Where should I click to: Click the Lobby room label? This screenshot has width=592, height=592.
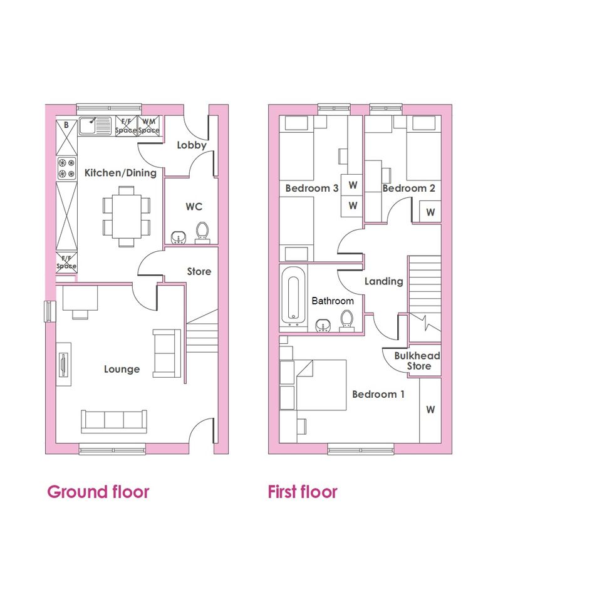pos(192,145)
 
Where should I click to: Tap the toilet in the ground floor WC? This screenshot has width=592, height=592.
pos(202,232)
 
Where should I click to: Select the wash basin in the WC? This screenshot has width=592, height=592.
pos(178,237)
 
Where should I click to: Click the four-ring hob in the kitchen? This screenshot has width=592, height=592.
pos(66,169)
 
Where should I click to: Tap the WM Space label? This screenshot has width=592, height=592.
pos(148,126)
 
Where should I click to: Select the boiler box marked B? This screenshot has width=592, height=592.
pos(66,137)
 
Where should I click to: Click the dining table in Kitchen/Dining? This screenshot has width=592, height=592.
pos(126,216)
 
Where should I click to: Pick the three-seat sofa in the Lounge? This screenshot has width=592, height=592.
pos(113,421)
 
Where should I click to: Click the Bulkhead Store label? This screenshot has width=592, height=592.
pos(418,361)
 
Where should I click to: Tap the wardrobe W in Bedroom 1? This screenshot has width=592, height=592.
pos(430,410)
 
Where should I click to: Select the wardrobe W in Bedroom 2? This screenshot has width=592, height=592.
pos(430,212)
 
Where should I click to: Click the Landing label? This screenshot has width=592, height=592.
pos(383,281)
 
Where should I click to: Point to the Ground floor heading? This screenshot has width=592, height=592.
pos(98,492)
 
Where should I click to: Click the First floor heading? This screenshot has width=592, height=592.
pos(303,492)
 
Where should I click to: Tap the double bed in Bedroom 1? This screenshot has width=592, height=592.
pos(321,385)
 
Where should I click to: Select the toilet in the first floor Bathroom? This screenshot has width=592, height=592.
pos(346,321)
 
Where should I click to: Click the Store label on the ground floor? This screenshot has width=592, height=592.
pos(199,271)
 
